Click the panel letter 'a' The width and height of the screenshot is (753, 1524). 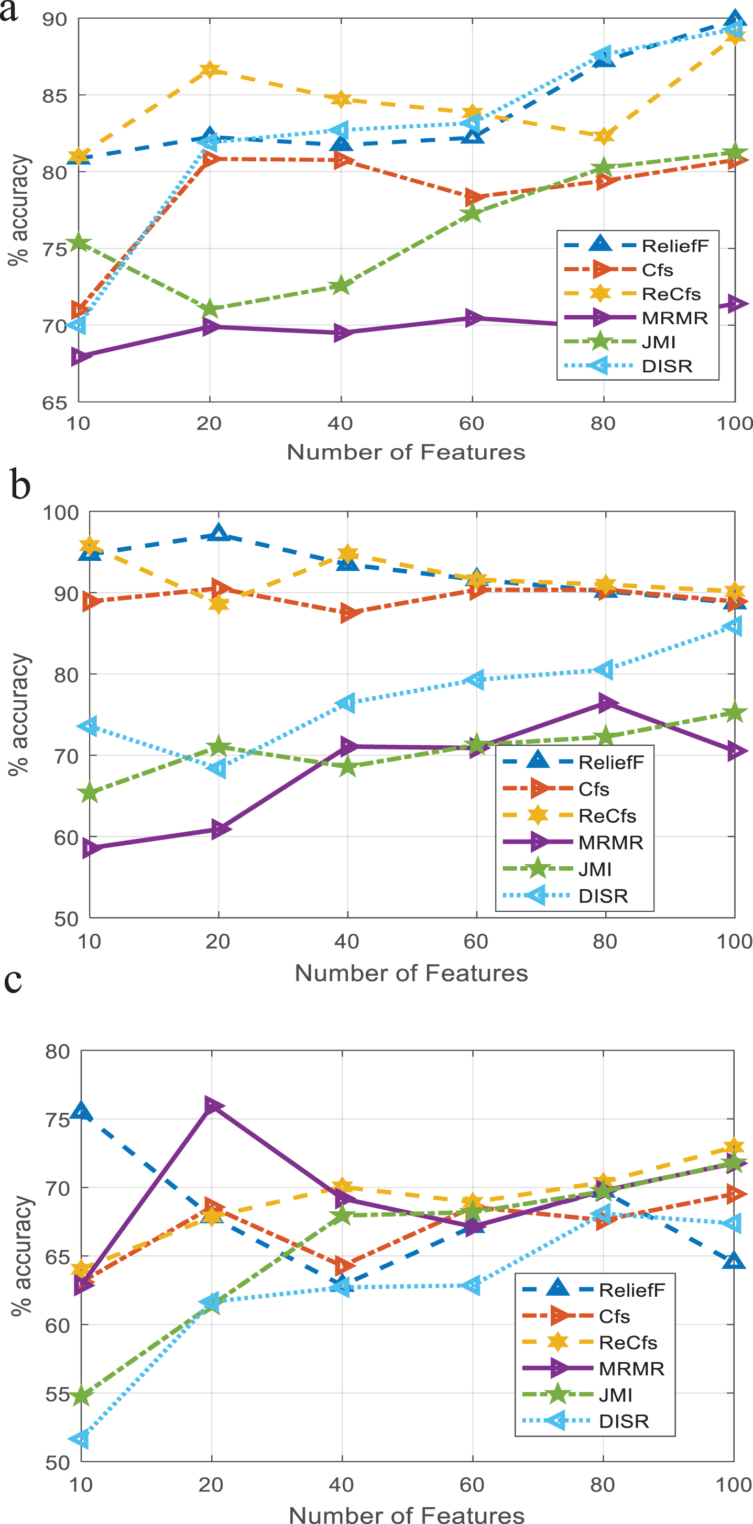[9, 10]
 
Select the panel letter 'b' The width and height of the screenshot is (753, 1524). [20, 485]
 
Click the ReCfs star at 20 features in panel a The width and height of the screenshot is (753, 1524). [210, 70]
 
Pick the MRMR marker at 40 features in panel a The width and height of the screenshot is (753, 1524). [342, 333]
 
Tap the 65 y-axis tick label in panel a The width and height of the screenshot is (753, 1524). [54, 403]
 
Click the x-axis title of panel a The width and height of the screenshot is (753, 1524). [406, 452]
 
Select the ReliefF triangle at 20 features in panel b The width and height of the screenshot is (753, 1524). [219, 533]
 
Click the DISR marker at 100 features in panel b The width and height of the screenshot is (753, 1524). [733, 626]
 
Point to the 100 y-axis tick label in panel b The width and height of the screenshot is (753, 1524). [60, 512]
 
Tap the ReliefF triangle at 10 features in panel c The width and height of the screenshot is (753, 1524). [81, 1112]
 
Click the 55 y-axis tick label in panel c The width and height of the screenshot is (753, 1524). [58, 1394]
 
